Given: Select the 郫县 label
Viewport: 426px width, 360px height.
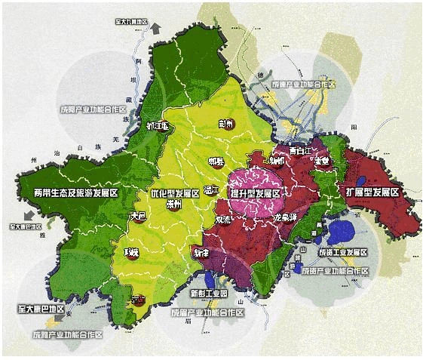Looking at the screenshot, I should pos(216,161).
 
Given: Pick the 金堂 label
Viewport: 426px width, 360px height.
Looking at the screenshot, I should pos(323,161).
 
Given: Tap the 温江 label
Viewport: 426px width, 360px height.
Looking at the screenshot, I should pos(211,189).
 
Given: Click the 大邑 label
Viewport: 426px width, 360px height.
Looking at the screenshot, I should pos(137,215).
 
